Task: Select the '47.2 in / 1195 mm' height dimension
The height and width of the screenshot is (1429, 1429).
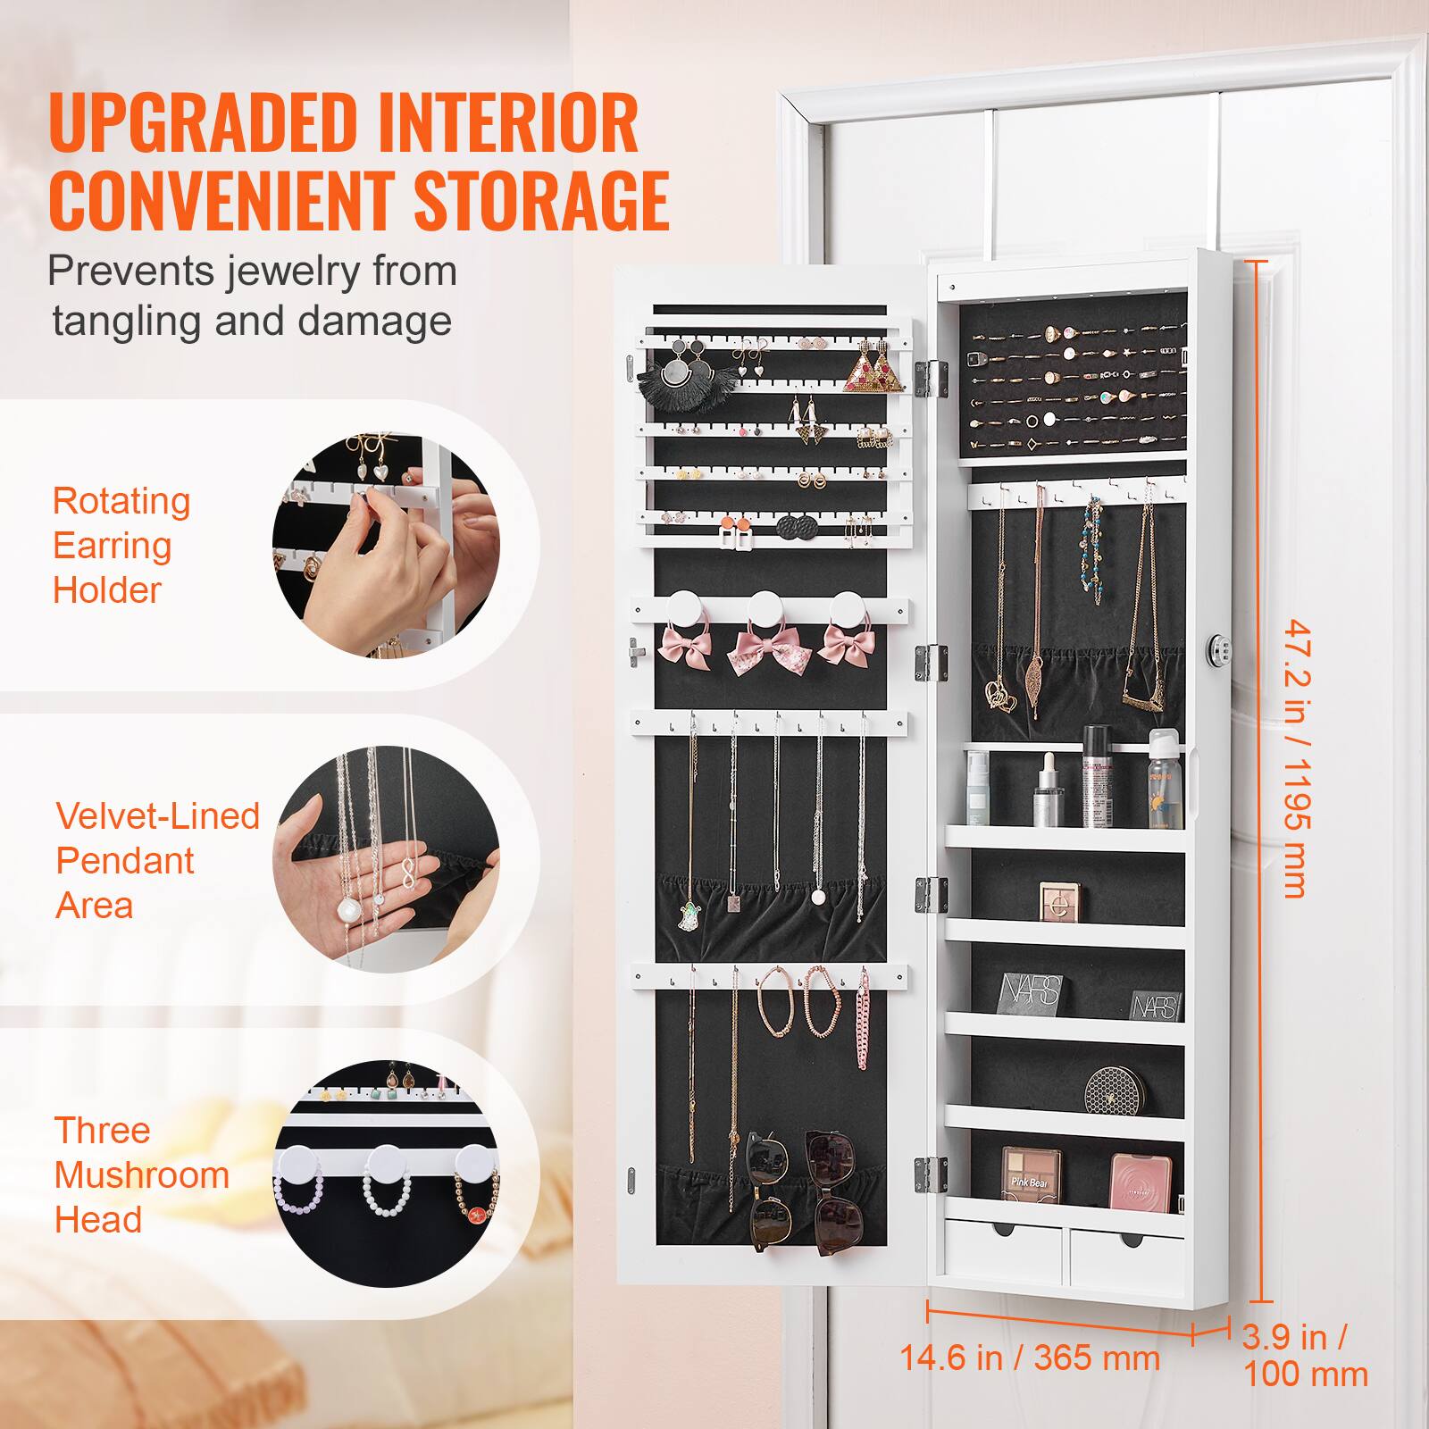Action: [x=1294, y=759]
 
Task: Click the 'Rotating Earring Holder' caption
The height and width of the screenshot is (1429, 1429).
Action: [x=121, y=545]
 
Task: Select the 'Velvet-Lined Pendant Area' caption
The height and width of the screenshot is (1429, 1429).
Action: [x=157, y=860]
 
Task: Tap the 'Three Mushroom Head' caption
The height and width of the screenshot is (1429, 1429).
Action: [x=141, y=1174]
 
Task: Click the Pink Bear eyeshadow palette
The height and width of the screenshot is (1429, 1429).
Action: [x=1031, y=1176]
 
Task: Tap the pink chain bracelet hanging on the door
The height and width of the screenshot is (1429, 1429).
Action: [x=864, y=1027]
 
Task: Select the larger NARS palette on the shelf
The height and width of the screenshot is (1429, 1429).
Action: [x=1031, y=991]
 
